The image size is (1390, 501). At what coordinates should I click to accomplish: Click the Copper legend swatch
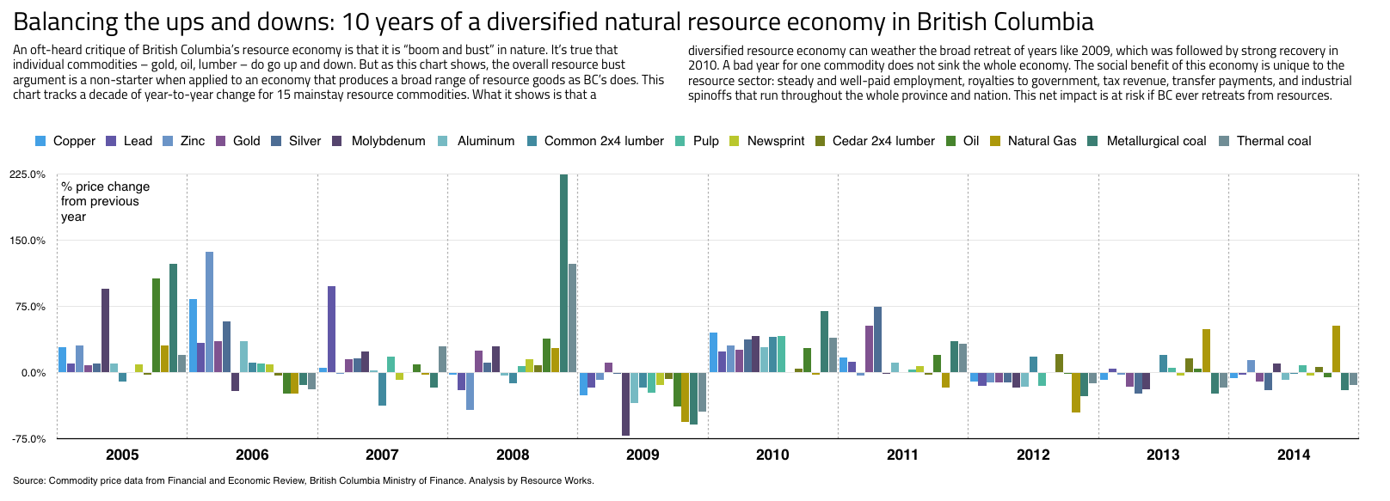40,141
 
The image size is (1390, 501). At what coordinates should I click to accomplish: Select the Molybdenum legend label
388,141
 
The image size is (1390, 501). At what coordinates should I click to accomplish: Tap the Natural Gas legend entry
1042,141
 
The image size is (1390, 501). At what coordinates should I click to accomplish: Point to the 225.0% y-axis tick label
28,174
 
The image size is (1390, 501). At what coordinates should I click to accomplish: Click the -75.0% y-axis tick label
28,439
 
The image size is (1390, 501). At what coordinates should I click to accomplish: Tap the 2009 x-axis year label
643,455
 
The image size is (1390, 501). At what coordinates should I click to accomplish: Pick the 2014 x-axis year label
1294,455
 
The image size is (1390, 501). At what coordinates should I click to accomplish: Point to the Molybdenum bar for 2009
625,404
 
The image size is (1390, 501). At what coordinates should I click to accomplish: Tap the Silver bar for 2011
877,339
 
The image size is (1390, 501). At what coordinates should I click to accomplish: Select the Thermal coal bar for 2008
572,318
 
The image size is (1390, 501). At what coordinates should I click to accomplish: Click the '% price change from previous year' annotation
105,201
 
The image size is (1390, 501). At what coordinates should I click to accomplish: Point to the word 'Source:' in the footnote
29,480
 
